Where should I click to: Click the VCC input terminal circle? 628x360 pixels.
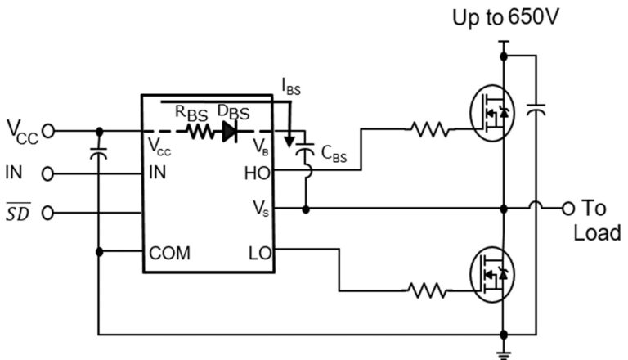[x=48, y=130]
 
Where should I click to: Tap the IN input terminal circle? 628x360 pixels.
[x=48, y=173]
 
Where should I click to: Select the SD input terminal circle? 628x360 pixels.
[x=48, y=214]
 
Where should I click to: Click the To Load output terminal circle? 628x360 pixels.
[x=567, y=209]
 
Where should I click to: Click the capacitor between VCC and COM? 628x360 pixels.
[x=99, y=152]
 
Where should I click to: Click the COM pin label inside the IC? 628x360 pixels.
[x=169, y=253]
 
